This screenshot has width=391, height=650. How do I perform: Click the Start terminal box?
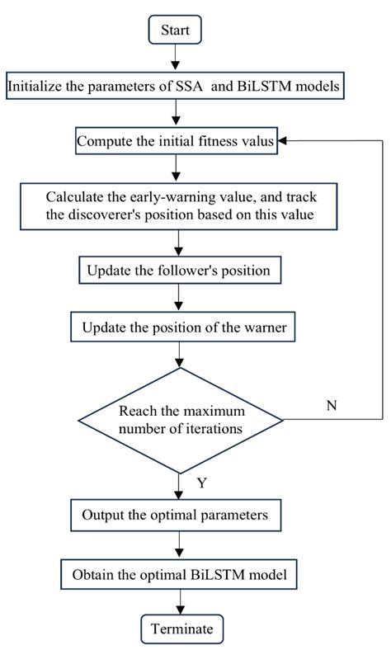click(175, 31)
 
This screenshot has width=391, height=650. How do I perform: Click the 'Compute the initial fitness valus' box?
click(177, 141)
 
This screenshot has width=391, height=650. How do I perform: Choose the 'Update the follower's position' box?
click(177, 271)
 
